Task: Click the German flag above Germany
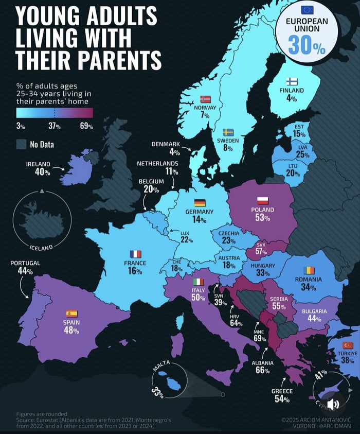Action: pos(200,203)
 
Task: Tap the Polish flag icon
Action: pos(262,200)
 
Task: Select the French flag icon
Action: pos(135,254)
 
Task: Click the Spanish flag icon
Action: pos(71,313)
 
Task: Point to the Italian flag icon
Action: pos(199,282)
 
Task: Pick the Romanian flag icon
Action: pos(309,270)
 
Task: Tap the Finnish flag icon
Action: pos(292,81)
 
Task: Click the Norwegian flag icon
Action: pos(205,99)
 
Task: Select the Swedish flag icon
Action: pos(228,132)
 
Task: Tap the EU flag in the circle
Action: pos(307,9)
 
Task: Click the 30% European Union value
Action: pos(307,46)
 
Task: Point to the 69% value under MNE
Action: pos(260,339)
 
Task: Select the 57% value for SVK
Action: pos(261,252)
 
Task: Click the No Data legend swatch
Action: pos(21,144)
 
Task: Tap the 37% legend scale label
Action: pos(55,126)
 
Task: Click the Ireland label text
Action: pos(39,164)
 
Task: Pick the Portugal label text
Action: pos(25,263)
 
